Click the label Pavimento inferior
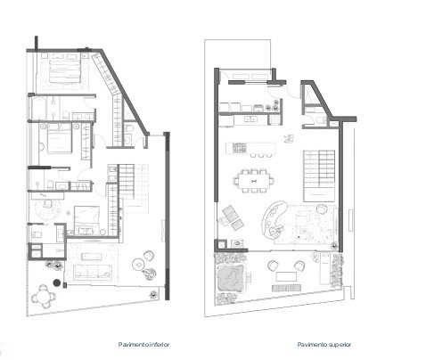(x=143, y=345)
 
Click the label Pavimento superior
(x=324, y=345)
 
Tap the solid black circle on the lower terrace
(x=56, y=282)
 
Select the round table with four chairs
(x=44, y=297)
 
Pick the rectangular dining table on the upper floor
(x=254, y=180)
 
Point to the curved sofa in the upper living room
(x=274, y=220)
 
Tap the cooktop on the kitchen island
(x=240, y=147)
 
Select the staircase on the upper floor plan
(x=319, y=176)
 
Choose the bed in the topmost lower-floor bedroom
(x=65, y=71)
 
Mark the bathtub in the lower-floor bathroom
(x=39, y=108)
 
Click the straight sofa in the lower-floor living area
(x=93, y=271)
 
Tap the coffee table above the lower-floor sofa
(x=92, y=257)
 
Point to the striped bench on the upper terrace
(x=286, y=288)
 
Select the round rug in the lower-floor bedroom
(x=47, y=209)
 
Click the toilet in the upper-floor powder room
(x=320, y=120)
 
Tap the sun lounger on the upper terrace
(x=324, y=268)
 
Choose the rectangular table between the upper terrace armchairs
(x=286, y=276)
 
